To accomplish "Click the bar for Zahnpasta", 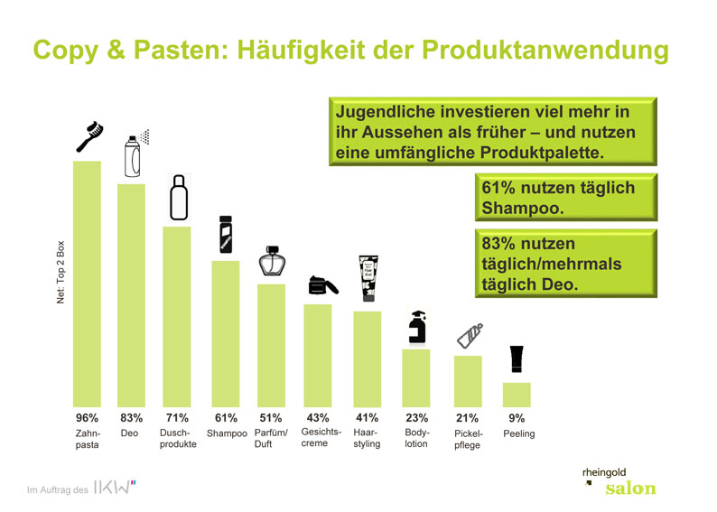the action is [x=87, y=284].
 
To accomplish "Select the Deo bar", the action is [x=131, y=295].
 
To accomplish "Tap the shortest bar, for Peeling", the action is [x=517, y=395].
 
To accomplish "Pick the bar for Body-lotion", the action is [x=416, y=378].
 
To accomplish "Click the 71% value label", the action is [x=177, y=418].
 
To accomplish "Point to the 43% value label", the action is [x=318, y=418].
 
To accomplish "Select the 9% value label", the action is [x=517, y=418].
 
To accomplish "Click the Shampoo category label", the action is [x=227, y=433].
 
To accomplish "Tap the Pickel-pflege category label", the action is [x=469, y=439].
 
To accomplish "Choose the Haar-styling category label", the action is [x=367, y=438].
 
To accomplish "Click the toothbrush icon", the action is [x=89, y=136].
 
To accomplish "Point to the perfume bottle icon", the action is [x=272, y=261].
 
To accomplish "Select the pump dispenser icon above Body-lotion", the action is [x=417, y=327].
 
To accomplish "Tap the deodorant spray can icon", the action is [x=136, y=154].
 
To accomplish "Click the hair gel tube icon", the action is [x=368, y=278].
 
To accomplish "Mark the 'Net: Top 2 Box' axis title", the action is [x=61, y=272].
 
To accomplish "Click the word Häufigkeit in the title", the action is [x=301, y=50].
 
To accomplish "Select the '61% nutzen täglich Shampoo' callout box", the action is [x=566, y=198].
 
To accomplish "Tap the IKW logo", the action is [x=115, y=488].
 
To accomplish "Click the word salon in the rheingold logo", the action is [x=630, y=489].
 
